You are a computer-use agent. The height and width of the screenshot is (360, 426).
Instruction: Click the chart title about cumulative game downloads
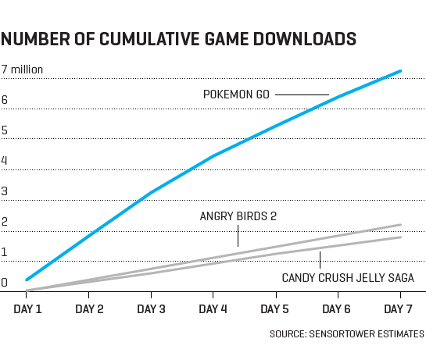point(180,39)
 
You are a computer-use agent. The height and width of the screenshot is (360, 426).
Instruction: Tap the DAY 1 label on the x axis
point(28,309)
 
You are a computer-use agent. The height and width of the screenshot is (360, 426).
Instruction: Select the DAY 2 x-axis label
point(89,309)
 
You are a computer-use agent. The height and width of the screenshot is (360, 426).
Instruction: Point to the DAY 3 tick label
point(151,309)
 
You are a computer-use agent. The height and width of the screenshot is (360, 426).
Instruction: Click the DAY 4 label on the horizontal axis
point(213,309)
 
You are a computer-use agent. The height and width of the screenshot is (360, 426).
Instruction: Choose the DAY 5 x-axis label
point(274,309)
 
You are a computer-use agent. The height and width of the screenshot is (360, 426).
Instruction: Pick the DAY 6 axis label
point(337,309)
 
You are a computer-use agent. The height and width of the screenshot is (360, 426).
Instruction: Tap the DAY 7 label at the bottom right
point(399,309)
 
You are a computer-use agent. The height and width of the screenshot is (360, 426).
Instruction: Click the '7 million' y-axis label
point(22,70)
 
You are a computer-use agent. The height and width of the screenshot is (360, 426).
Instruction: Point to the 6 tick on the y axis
point(5,100)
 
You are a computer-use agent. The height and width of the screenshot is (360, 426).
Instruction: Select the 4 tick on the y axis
point(5,162)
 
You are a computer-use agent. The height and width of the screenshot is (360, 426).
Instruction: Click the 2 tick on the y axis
point(5,223)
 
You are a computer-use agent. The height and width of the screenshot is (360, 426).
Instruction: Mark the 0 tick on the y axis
point(5,283)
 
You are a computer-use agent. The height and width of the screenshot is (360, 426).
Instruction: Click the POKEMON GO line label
point(236,94)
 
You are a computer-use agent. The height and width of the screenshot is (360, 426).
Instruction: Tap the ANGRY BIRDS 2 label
point(238,216)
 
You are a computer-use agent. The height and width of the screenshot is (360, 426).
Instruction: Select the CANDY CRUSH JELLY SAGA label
point(348,277)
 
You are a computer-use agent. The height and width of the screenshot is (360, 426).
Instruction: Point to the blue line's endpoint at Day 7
point(401,71)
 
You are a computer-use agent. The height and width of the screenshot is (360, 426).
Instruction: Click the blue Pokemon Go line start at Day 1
point(27,279)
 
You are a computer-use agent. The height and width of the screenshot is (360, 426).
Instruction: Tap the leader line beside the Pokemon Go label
point(302,94)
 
